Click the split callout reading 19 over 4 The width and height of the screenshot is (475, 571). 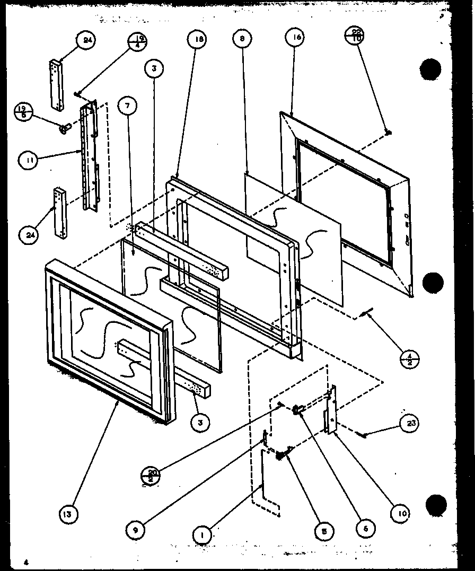(x=136, y=41)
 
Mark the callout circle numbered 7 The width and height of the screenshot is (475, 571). (x=128, y=107)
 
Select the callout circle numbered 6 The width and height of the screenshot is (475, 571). (x=365, y=528)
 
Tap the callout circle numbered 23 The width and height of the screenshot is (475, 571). (x=412, y=423)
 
